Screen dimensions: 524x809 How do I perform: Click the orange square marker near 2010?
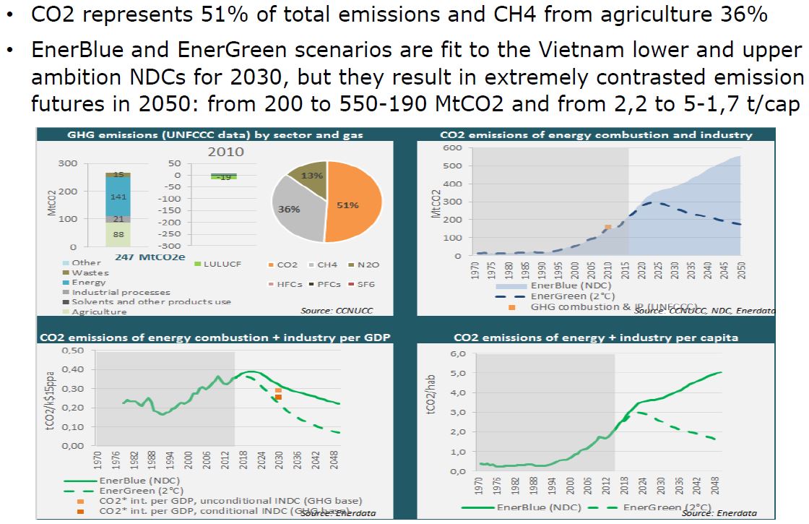[607, 227]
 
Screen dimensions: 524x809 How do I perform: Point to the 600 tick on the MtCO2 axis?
[452, 148]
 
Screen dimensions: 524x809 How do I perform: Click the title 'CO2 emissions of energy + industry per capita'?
[597, 338]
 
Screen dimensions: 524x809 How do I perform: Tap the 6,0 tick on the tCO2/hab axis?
[459, 354]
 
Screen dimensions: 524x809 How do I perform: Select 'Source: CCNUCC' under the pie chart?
[345, 310]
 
